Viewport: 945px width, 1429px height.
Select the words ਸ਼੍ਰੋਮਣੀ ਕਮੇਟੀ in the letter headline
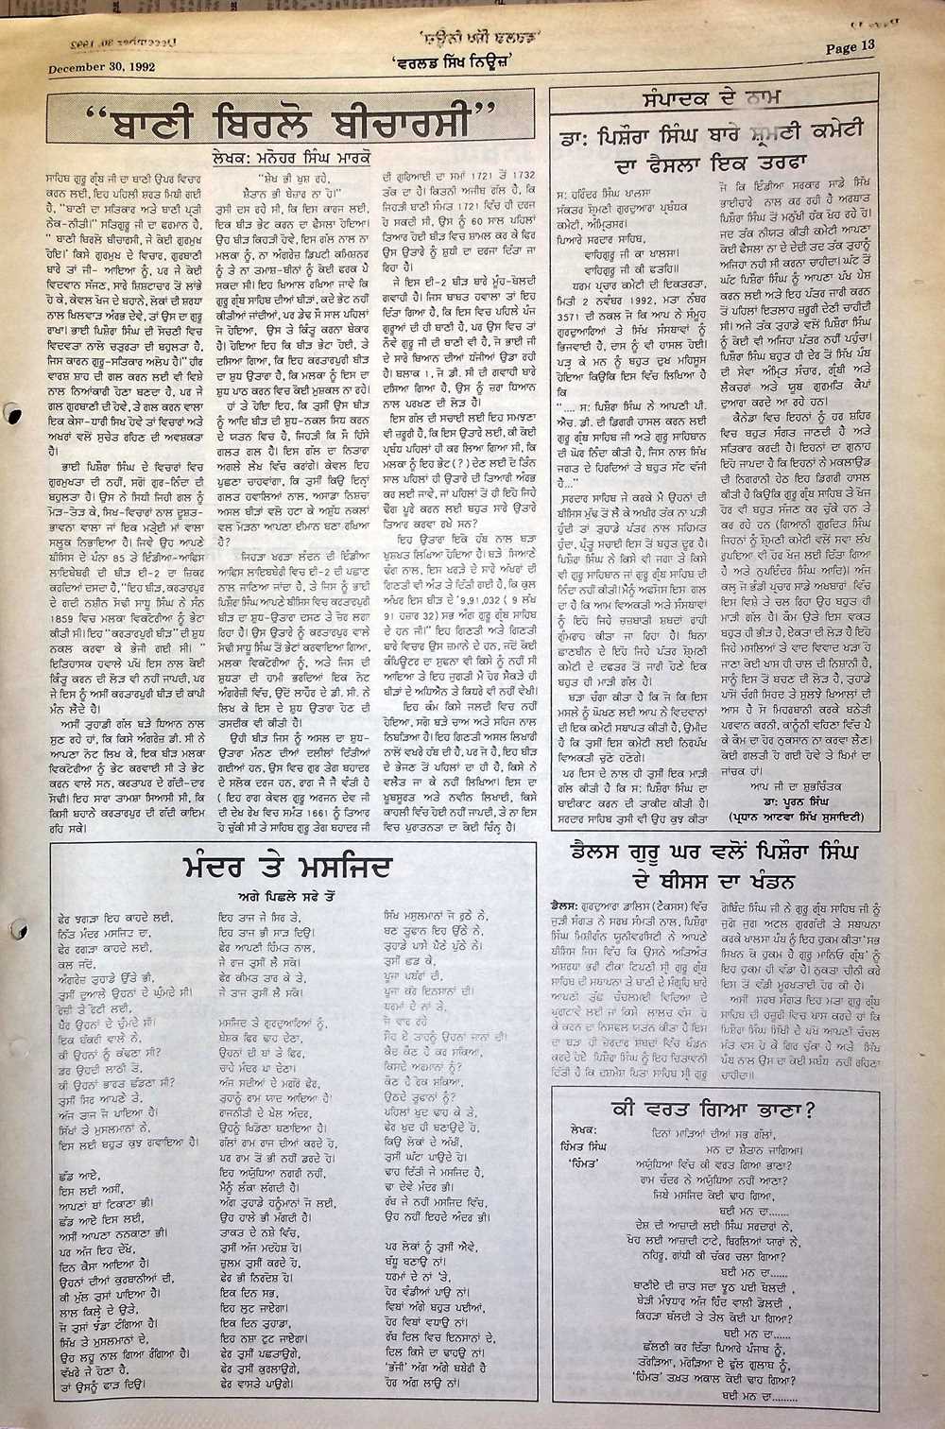805,130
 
